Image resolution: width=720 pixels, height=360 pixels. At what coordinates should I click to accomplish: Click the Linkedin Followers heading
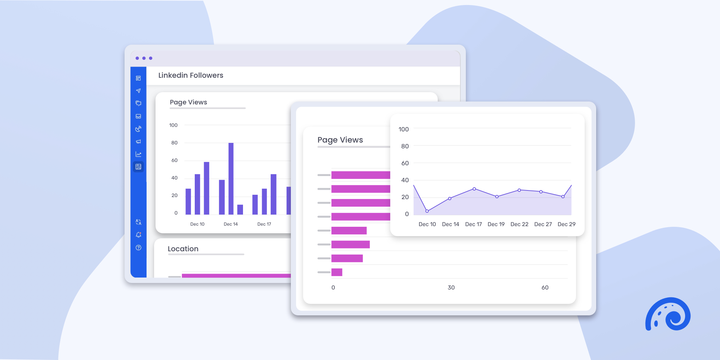[x=191, y=75]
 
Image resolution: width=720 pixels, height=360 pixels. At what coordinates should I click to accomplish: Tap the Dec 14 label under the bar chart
[x=231, y=224]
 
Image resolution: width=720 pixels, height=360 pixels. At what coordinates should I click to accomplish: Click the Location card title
[x=183, y=249]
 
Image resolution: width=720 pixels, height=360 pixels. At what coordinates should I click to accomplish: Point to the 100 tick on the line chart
[x=404, y=129]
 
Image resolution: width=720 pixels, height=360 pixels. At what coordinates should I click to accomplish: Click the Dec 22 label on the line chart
[x=519, y=224]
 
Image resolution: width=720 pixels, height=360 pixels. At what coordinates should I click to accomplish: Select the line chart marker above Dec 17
[x=474, y=189]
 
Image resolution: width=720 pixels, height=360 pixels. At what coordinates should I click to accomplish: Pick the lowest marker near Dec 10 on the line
[x=427, y=211]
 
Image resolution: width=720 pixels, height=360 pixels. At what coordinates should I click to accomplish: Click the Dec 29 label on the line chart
[x=566, y=224]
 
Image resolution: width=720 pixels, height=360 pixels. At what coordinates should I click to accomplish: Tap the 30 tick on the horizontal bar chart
[x=451, y=287]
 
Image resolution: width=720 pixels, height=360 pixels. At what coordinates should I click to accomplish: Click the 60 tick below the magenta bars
[x=545, y=287]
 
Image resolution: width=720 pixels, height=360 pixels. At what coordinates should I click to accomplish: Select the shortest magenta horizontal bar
[x=337, y=272]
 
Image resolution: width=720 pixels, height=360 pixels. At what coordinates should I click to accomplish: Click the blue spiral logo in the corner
[x=668, y=314]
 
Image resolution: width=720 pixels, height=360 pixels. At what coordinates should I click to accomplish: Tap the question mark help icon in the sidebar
[x=139, y=248]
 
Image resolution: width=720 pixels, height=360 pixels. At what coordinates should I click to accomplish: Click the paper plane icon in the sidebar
[x=139, y=91]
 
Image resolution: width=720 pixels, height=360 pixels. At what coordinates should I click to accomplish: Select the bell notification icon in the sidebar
[x=139, y=235]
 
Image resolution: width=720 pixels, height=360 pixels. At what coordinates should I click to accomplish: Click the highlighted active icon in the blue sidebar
[x=139, y=167]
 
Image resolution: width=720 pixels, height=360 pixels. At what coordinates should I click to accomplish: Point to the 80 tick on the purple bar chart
[x=174, y=143]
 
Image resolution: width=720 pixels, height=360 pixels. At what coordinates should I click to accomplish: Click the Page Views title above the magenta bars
[x=340, y=140]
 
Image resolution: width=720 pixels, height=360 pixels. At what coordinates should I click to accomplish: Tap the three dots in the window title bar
[x=144, y=58]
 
